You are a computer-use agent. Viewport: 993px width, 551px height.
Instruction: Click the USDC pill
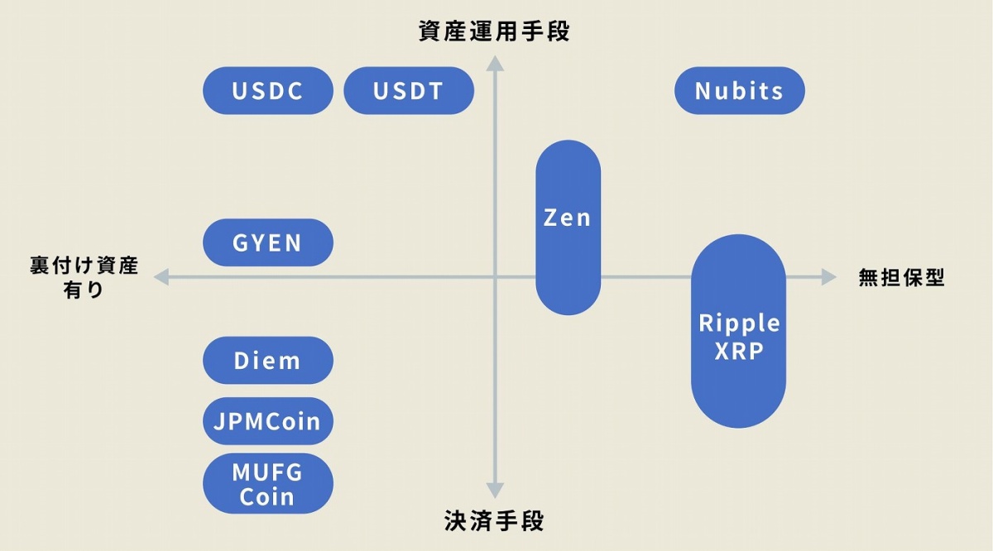(x=267, y=90)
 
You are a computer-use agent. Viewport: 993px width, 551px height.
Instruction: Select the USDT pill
(x=408, y=90)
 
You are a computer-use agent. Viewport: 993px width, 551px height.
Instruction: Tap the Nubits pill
(x=739, y=90)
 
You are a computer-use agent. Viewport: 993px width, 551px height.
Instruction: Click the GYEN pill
(x=267, y=242)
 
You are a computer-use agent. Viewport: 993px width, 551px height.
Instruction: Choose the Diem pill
(x=267, y=361)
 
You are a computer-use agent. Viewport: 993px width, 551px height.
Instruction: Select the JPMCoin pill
(x=267, y=421)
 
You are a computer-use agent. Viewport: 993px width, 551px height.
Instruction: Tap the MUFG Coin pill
(x=267, y=484)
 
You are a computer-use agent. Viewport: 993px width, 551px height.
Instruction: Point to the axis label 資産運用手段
(x=495, y=31)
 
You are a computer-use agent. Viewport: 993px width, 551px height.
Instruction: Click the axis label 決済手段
(x=495, y=521)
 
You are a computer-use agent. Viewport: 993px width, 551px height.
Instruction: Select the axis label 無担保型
(x=901, y=278)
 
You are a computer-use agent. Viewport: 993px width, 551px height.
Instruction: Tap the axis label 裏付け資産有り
(x=84, y=278)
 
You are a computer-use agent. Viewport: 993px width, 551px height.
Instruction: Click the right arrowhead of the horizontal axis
(x=828, y=277)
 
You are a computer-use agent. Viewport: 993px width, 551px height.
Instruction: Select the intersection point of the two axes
(x=495, y=277)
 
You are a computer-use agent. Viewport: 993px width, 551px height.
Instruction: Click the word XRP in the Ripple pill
(x=738, y=350)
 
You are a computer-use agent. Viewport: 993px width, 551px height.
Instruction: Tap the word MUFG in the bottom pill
(x=267, y=473)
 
